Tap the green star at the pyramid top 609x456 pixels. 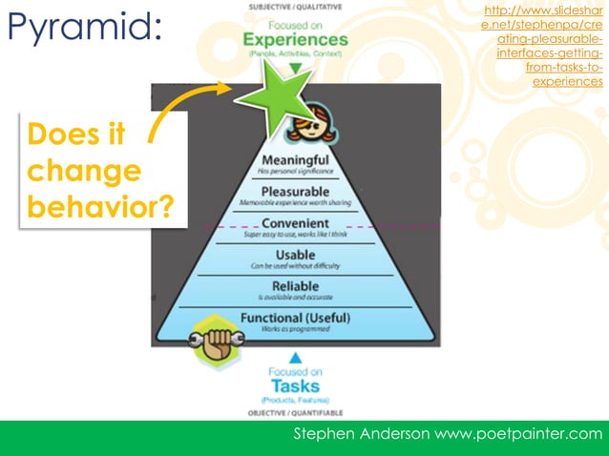click(270, 97)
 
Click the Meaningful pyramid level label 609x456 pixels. click(295, 159)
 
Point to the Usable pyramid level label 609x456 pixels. click(295, 255)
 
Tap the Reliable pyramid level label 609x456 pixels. click(295, 286)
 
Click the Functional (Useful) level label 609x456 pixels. click(295, 318)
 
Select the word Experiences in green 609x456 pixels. click(295, 41)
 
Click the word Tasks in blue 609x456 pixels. click(295, 385)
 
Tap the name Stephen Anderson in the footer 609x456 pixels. click(364, 435)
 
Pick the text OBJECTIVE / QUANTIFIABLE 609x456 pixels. click(295, 413)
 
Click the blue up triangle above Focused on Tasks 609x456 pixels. click(295, 359)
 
